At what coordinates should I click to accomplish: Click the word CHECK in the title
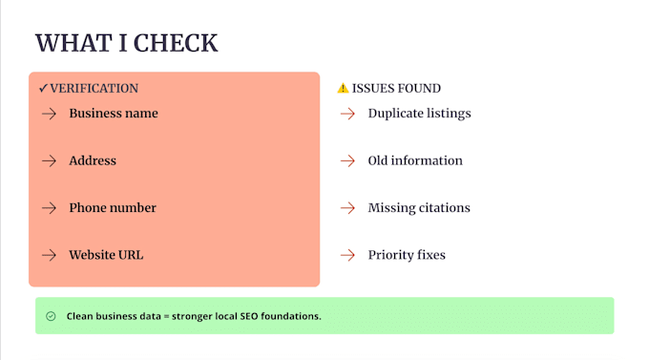(x=176, y=43)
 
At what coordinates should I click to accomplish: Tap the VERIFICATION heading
(x=94, y=88)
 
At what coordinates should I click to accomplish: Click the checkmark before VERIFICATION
(x=44, y=88)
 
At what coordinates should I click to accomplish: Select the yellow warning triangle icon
(x=344, y=88)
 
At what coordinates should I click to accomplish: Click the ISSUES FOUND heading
(x=396, y=88)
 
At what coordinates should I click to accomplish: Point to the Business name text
(x=114, y=113)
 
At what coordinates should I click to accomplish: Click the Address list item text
(x=93, y=160)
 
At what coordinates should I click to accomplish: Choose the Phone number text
(x=113, y=207)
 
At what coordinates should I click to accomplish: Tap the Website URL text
(x=106, y=255)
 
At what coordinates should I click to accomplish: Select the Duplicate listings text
(x=419, y=114)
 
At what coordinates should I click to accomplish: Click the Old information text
(x=415, y=160)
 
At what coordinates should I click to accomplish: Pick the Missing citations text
(x=419, y=207)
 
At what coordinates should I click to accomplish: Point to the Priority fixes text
(x=407, y=255)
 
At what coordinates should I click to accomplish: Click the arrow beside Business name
(x=49, y=114)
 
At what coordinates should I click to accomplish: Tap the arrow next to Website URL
(x=49, y=255)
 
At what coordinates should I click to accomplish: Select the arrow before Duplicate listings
(x=347, y=114)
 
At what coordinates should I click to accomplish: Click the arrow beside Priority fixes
(x=347, y=255)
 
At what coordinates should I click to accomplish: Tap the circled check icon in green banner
(x=51, y=316)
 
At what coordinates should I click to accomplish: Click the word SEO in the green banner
(x=249, y=316)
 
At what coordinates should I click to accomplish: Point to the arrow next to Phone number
(x=49, y=208)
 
